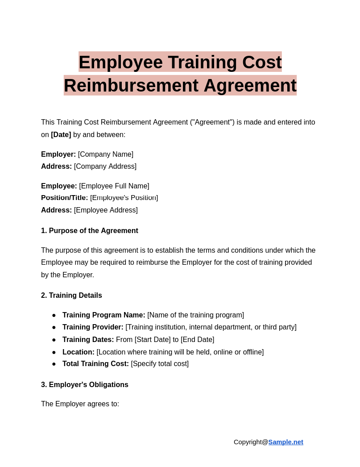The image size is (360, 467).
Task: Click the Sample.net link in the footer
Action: tap(286, 442)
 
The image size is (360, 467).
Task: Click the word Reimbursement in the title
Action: tap(131, 86)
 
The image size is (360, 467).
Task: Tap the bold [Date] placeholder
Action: tap(61, 135)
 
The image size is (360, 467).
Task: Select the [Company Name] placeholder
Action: tap(106, 154)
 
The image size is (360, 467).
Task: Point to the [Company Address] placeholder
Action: tap(105, 167)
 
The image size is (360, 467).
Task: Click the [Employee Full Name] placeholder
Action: tap(114, 186)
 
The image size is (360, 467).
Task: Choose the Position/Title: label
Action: tap(64, 198)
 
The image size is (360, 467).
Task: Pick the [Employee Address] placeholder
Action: tap(106, 210)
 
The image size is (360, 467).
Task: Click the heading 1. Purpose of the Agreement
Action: tap(90, 231)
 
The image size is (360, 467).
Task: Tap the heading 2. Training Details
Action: tap(71, 296)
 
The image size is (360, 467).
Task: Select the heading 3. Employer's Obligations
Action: tap(85, 385)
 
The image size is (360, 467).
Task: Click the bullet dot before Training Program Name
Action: tap(54, 315)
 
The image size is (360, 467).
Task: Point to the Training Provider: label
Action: tap(93, 327)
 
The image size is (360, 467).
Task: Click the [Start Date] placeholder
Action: tap(153, 340)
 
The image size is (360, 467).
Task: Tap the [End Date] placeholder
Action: tap(197, 340)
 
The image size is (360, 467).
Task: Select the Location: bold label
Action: tap(79, 352)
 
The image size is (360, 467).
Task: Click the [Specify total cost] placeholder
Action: tap(160, 364)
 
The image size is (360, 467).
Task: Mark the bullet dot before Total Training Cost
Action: tap(54, 364)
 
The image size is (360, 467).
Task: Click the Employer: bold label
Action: tap(58, 154)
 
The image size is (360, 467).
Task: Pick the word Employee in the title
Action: tap(120, 63)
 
